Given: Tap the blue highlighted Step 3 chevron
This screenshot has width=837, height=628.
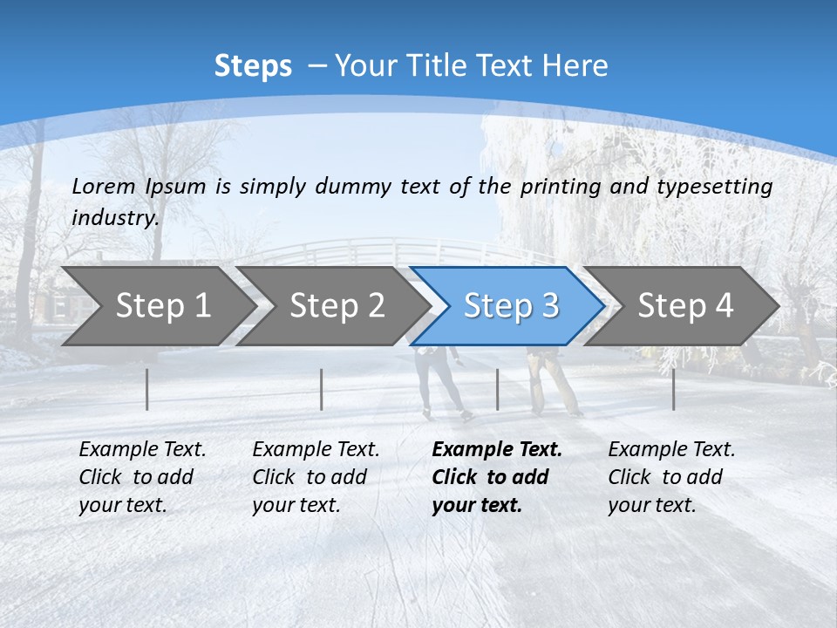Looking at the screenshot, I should coord(511,306).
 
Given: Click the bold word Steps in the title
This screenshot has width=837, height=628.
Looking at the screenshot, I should coord(253,66).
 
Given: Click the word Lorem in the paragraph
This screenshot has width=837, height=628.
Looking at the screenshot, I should coord(103,186).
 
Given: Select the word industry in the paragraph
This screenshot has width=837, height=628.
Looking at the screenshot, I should coord(115,218).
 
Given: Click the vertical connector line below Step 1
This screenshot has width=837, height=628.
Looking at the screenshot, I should coord(147,389).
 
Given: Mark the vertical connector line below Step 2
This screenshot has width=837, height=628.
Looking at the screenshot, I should coord(322,389).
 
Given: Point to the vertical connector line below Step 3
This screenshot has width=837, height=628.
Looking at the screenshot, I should coord(497,389).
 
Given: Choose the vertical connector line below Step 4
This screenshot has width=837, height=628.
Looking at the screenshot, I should coord(673,389).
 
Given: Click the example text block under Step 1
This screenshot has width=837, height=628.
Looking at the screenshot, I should coord(142,477).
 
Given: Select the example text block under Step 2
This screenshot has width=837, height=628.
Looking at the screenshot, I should coord(316,477).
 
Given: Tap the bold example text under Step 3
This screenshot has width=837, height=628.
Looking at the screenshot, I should coord(497,477).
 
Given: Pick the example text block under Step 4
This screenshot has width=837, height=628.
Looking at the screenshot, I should coord(671,477).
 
